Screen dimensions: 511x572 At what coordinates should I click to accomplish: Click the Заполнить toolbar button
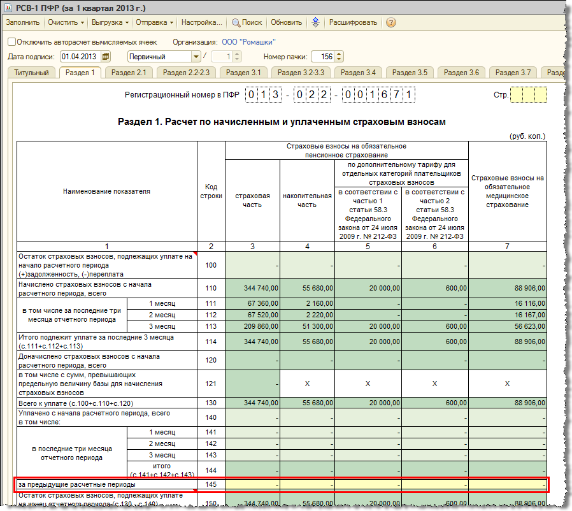[22, 22]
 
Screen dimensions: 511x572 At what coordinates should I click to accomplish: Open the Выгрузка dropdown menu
[110, 22]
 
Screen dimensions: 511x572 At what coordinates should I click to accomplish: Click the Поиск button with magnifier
[247, 22]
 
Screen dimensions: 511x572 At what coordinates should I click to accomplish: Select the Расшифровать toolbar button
[353, 22]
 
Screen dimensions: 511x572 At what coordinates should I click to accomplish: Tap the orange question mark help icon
[390, 22]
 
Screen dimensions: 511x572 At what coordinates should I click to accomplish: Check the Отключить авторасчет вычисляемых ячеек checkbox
[11, 42]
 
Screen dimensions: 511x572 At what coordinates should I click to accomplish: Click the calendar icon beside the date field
[106, 57]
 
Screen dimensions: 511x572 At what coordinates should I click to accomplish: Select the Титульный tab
[31, 73]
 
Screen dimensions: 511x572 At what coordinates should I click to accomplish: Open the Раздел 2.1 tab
[129, 73]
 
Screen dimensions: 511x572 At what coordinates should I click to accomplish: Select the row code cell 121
[211, 384]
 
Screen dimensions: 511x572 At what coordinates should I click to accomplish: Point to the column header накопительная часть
[307, 200]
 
